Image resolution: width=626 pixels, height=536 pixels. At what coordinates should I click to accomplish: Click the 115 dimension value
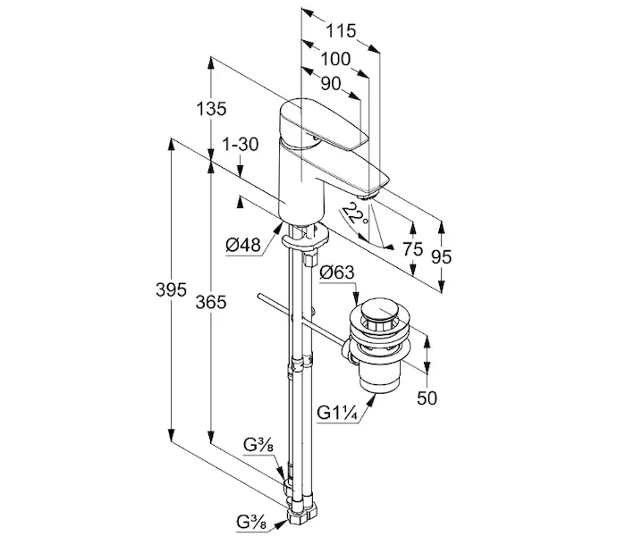click(x=341, y=30)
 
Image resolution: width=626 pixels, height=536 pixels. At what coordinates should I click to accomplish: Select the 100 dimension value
click(x=335, y=59)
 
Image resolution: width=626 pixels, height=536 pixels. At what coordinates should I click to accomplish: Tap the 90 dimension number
click(x=331, y=84)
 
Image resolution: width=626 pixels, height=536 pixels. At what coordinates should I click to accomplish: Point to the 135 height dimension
click(x=211, y=108)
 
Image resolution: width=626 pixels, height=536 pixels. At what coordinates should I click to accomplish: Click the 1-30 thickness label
click(x=241, y=145)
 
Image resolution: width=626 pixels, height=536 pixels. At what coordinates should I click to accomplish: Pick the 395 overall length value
click(x=171, y=290)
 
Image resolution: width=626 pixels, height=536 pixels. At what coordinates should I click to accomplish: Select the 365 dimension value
click(x=211, y=302)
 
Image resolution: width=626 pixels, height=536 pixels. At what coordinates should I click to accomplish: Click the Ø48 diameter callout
click(x=242, y=245)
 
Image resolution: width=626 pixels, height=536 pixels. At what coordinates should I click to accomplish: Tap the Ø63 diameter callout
click(x=336, y=272)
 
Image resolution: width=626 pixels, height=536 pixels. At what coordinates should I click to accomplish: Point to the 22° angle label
click(x=356, y=214)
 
